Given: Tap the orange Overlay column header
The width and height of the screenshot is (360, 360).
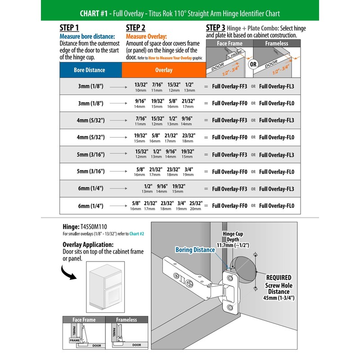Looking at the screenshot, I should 164,70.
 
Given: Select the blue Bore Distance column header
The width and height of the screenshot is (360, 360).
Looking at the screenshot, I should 90,70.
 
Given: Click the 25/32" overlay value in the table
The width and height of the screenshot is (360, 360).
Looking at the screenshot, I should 196,203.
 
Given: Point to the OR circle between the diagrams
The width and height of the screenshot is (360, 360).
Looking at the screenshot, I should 253,63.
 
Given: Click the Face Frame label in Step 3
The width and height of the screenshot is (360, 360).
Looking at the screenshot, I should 229,44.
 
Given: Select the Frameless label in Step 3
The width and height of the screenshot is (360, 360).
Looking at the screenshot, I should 277,44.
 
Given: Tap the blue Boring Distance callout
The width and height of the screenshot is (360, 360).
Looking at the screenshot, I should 195,250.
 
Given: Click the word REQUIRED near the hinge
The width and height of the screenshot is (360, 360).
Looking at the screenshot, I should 279,278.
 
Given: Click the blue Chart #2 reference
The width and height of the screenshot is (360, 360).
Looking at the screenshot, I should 136,234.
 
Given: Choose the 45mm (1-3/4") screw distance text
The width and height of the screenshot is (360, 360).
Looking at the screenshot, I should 279,298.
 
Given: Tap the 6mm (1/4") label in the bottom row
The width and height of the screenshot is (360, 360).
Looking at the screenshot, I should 90,206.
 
